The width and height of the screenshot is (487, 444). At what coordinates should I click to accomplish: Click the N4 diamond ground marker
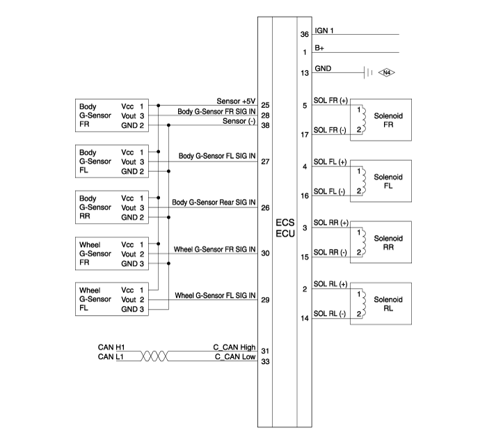[386, 72]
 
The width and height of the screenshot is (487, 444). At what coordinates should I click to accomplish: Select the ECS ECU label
[285, 228]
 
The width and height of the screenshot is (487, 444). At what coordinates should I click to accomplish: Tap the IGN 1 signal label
[324, 31]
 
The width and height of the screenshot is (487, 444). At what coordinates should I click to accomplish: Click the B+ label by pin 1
[319, 48]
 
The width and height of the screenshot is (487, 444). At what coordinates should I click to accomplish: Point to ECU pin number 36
[305, 34]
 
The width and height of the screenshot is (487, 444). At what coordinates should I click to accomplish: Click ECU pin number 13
[305, 73]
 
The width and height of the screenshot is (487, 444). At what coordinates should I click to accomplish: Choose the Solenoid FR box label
[388, 120]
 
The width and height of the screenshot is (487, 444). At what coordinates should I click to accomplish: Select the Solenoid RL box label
[388, 304]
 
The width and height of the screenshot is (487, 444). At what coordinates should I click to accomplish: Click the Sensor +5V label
[236, 102]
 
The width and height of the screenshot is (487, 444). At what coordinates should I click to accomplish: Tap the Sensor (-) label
[239, 121]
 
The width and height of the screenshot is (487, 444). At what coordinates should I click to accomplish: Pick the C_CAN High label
[234, 347]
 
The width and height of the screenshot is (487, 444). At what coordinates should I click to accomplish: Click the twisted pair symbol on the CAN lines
[154, 356]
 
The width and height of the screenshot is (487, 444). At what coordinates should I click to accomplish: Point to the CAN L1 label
[111, 357]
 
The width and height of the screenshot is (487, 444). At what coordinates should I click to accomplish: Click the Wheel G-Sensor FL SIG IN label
[215, 295]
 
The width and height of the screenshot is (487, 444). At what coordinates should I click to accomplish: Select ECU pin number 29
[265, 300]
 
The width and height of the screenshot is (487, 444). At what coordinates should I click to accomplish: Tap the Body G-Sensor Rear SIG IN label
[214, 203]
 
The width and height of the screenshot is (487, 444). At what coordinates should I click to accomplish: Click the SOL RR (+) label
[330, 223]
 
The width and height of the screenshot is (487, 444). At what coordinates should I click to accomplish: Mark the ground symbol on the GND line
[368, 72]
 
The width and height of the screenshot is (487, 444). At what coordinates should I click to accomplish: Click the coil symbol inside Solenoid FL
[364, 181]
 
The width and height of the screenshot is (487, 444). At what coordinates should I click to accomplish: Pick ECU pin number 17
[305, 134]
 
